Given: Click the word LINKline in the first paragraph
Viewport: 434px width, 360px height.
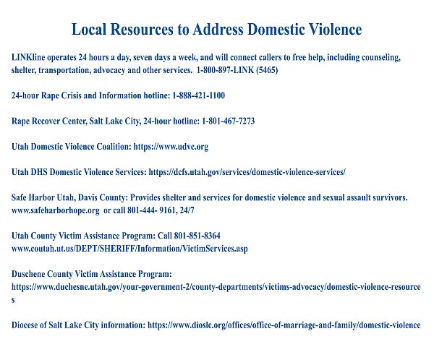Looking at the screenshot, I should click(28, 56).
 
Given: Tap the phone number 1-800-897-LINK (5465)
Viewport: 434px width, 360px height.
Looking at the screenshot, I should click(237, 70).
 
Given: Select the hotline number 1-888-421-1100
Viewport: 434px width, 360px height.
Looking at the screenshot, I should click(198, 95).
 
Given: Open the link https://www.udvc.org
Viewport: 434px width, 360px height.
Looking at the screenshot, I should click(171, 146).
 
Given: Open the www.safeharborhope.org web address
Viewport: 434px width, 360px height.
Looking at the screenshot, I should click(56, 210).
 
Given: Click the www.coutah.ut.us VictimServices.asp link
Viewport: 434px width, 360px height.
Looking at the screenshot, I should click(130, 249).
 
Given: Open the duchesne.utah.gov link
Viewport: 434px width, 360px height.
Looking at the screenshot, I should click(216, 287).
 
